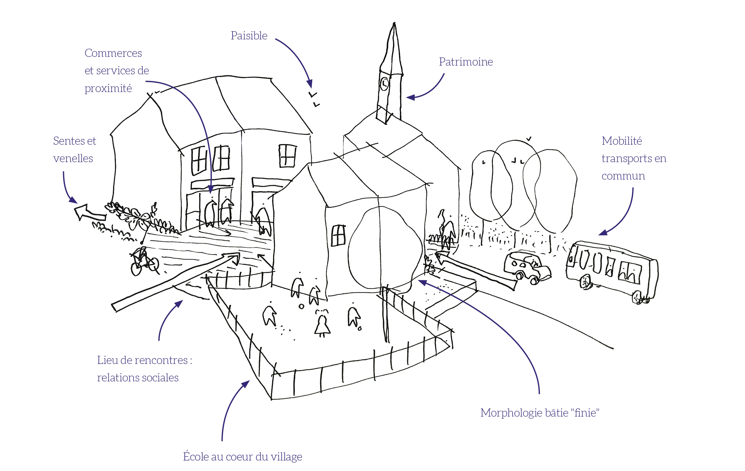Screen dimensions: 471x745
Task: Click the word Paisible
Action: click(249, 36)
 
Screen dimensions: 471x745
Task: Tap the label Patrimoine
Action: click(466, 62)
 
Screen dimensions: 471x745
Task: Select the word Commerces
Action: click(113, 53)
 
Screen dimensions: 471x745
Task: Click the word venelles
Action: click(73, 159)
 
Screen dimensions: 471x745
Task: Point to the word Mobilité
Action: click(622, 141)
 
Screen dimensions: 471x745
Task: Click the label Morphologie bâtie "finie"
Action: click(540, 413)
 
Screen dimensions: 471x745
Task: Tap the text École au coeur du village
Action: click(242, 457)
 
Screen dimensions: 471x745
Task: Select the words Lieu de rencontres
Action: click(143, 360)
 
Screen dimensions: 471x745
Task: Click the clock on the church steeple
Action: click(384, 84)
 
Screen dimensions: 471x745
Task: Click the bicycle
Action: click(144, 262)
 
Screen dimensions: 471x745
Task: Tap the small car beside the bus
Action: click(526, 267)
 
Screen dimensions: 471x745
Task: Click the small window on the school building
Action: click(338, 235)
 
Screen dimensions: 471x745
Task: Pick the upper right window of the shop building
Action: click(287, 156)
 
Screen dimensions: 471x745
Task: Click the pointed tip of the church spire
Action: click(394, 23)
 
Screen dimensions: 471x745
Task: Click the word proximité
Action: click(108, 89)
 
